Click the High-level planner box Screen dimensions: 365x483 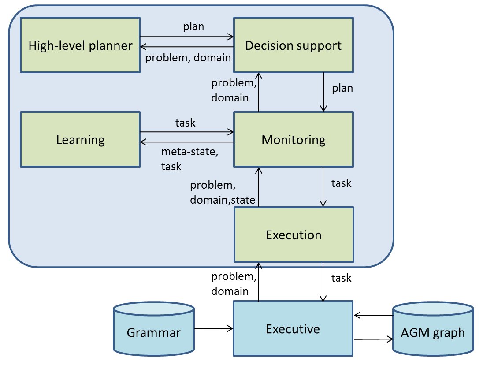[80, 45]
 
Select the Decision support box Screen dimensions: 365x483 [293, 45]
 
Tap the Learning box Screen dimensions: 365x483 [80, 139]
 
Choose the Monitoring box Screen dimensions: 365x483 [293, 139]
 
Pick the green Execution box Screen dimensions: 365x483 [293, 235]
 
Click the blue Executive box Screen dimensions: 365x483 [293, 328]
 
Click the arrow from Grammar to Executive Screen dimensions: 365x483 [213, 328]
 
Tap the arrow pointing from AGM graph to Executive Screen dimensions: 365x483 [373, 315]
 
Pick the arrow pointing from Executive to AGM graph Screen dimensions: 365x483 [373, 339]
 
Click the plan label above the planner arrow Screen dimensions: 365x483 [193, 26]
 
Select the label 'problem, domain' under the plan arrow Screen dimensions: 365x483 [188, 57]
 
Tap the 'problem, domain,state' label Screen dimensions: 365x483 [223, 193]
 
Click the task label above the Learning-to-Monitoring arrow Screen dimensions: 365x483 [185, 123]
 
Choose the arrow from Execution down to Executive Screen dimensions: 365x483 [324, 282]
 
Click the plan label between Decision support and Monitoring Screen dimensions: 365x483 [342, 88]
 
